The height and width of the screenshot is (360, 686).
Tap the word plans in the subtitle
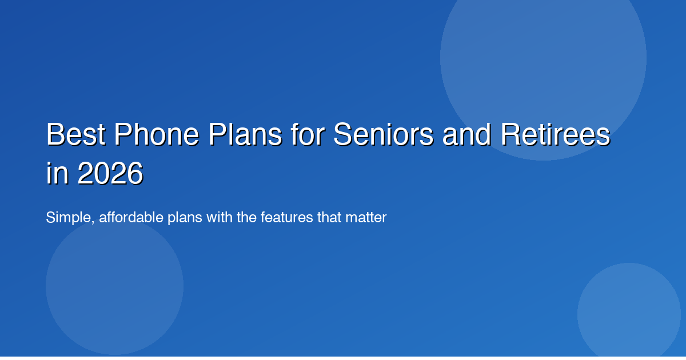[x=173, y=218]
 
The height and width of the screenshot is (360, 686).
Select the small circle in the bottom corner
[x=629, y=314]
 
